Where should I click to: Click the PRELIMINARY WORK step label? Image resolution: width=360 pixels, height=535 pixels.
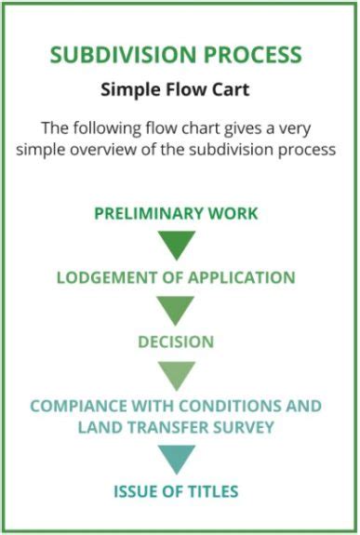click(x=176, y=213)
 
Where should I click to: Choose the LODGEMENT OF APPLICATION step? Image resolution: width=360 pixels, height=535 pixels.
click(x=176, y=277)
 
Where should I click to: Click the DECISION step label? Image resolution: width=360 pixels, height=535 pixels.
click(x=176, y=341)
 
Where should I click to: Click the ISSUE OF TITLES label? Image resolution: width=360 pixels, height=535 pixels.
click(x=176, y=491)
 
